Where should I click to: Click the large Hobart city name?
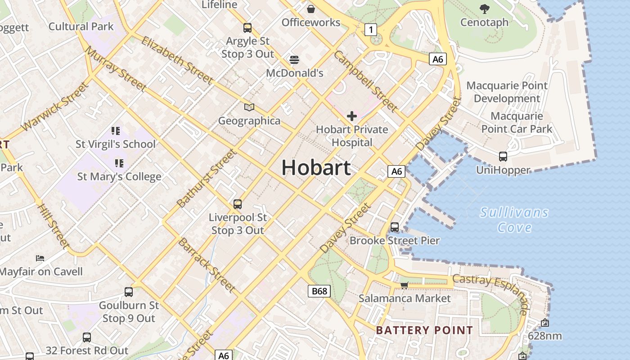[x=316, y=168]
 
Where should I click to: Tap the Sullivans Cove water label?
[x=514, y=220]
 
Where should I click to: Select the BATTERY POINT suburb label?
[x=424, y=330]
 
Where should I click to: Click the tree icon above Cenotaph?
[x=484, y=9]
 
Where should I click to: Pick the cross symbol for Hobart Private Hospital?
[x=351, y=117]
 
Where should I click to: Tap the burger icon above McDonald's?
[x=294, y=59]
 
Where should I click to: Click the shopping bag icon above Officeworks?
[x=310, y=9]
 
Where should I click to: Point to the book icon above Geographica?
[x=249, y=108]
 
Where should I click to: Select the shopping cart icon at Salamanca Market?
[x=404, y=285]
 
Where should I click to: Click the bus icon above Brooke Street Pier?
[x=395, y=227]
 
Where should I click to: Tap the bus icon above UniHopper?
[x=503, y=157]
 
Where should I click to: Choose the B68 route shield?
[x=319, y=291]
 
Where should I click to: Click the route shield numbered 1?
[x=370, y=30]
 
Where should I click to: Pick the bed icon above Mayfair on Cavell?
[x=40, y=258]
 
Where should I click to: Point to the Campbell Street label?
[x=365, y=81]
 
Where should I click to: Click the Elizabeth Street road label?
[x=177, y=60]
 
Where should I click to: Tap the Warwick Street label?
[x=54, y=107]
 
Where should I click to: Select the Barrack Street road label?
[x=207, y=265]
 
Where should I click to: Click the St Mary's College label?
[x=119, y=177]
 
